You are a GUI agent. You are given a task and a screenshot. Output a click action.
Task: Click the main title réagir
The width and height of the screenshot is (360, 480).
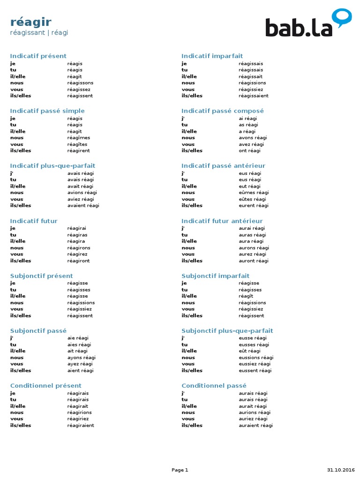[30, 22]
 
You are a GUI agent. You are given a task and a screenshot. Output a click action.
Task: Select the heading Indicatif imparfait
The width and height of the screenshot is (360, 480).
[212, 56]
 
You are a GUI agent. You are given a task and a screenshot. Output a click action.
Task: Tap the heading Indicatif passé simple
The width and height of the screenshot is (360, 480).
[47, 111]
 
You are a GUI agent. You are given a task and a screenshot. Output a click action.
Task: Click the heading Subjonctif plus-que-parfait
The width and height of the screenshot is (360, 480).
[227, 330]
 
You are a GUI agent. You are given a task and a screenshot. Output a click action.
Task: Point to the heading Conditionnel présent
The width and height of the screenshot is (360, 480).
[46, 385]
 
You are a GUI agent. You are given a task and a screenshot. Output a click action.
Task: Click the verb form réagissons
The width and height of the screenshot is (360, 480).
[80, 83]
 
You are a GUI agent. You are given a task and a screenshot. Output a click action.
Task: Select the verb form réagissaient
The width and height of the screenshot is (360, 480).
[254, 96]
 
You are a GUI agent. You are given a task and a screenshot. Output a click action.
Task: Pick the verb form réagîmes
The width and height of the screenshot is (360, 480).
[79, 138]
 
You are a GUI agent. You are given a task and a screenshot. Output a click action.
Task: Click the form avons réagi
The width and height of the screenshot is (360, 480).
[253, 138]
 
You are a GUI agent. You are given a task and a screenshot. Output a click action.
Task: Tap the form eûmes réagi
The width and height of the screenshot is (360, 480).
[254, 193]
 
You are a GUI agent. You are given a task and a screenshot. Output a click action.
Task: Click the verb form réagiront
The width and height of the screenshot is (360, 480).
[78, 261]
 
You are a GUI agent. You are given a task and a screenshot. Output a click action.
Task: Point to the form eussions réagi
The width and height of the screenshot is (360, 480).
[256, 358]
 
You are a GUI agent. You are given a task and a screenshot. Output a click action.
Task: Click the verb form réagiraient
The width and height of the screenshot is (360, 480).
[81, 425]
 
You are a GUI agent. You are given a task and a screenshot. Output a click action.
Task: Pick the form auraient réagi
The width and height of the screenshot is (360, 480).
[255, 425]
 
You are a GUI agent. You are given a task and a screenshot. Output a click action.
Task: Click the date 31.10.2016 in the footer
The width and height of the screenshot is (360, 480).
[341, 470]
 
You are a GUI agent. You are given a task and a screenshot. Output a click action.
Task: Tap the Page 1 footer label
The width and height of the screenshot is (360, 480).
[180, 470]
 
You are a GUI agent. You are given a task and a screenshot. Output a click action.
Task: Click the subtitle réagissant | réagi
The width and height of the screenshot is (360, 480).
[39, 32]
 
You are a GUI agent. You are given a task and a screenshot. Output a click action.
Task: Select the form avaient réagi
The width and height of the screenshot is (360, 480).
[83, 205]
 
